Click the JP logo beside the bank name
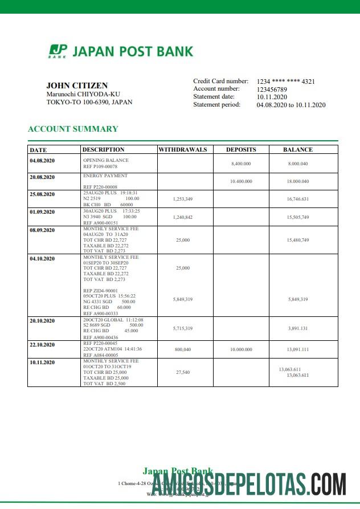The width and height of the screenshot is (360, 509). point(58,51)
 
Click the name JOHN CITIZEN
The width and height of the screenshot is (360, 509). point(77,85)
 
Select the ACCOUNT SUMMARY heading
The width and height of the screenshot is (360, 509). point(73,129)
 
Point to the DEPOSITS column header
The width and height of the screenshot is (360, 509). point(241,150)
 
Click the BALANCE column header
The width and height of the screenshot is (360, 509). point(298,150)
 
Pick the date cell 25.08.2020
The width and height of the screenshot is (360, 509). point(42,194)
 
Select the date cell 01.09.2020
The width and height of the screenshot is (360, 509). point(42,212)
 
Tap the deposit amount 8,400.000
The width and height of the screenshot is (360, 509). point(241,164)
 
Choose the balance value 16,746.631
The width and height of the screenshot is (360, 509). point(298,199)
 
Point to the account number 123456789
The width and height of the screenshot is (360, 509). point(272,89)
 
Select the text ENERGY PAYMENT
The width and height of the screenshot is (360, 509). point(105,176)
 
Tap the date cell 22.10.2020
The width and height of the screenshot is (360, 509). point(42,345)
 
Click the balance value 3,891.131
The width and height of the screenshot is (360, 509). point(298,328)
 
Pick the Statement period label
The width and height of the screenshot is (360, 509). point(217,105)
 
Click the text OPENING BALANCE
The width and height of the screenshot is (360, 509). point(106,161)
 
